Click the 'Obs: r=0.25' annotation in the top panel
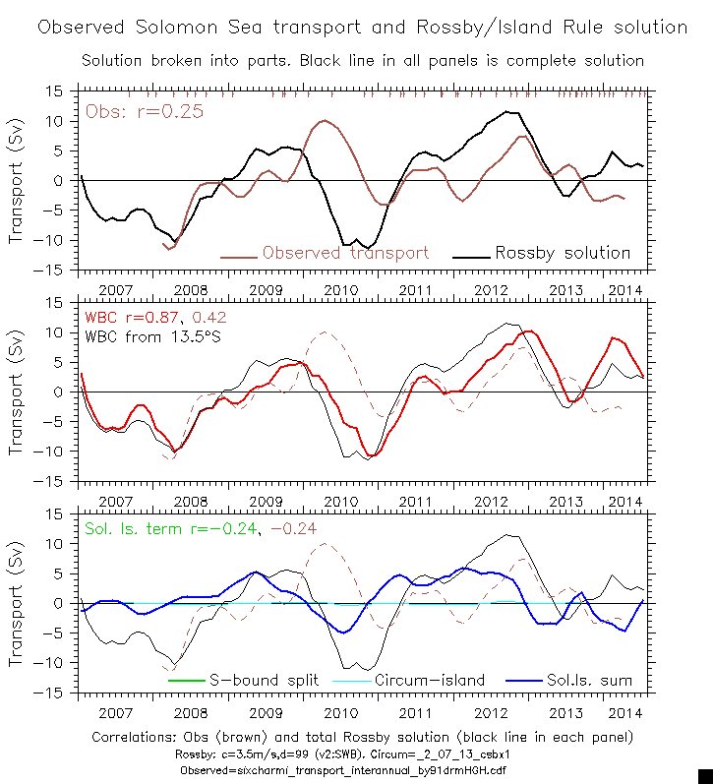coord(145,111)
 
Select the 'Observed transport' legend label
coord(345,253)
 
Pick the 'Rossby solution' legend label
coord(563,253)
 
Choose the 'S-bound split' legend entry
coord(256,680)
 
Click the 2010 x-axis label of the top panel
coord(340,290)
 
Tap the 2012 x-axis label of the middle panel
coord(491,502)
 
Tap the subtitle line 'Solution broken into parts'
coord(362,60)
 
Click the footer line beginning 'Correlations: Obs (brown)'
coord(362,737)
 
